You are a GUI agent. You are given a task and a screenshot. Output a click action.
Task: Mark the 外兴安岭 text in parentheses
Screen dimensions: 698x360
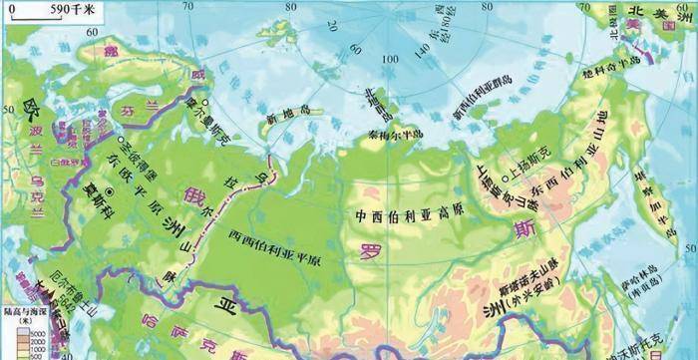534,295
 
